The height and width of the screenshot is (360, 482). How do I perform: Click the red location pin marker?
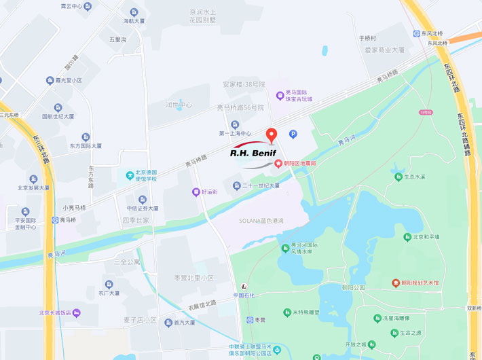point(271,134)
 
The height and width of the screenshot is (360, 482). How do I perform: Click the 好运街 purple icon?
point(196,192)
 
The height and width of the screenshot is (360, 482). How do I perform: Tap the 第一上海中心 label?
point(235,133)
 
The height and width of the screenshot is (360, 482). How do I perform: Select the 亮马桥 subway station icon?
point(56,220)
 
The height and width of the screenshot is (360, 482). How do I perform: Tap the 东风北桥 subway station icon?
point(416,33)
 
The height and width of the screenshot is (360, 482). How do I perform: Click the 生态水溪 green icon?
point(398,177)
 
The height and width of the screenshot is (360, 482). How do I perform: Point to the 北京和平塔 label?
point(426,237)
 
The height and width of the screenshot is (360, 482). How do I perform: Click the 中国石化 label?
point(244,295)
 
